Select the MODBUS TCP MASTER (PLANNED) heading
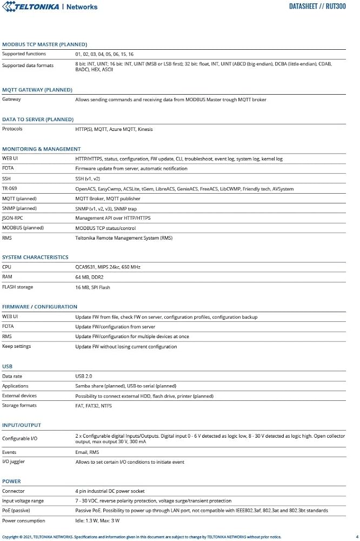click(44, 44)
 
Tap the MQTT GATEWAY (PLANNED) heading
click(37, 90)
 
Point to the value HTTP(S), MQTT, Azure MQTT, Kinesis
click(114, 129)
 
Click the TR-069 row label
click(10, 189)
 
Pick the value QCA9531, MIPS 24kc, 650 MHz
click(108, 267)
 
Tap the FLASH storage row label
click(18, 287)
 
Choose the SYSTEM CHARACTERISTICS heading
click(35, 258)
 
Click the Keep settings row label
click(17, 347)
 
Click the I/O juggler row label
click(14, 463)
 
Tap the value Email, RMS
click(87, 452)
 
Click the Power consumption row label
click(23, 521)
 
